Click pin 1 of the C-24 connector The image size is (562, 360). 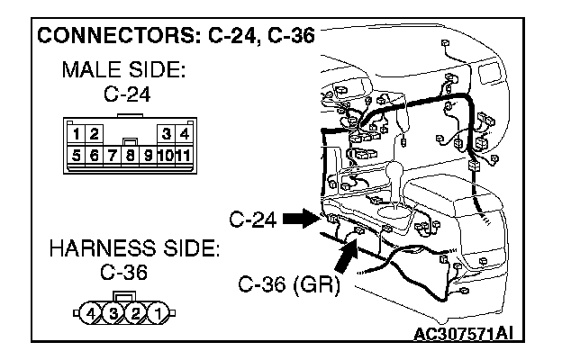[x=78, y=135]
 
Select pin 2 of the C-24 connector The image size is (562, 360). [x=94, y=135]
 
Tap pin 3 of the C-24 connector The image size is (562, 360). [x=167, y=135]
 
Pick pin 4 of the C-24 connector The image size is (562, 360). [x=183, y=135]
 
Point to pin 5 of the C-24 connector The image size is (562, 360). [x=78, y=155]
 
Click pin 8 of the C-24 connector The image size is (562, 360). [x=131, y=155]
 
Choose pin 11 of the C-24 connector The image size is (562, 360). [x=183, y=155]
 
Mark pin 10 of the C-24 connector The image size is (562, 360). [x=167, y=155]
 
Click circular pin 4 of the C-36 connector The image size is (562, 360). [x=92, y=314]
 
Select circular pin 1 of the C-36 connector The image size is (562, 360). [x=157, y=314]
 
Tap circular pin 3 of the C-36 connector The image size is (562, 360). [x=113, y=314]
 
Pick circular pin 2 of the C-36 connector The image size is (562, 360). [x=135, y=314]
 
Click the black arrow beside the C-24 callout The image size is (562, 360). [x=296, y=218]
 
